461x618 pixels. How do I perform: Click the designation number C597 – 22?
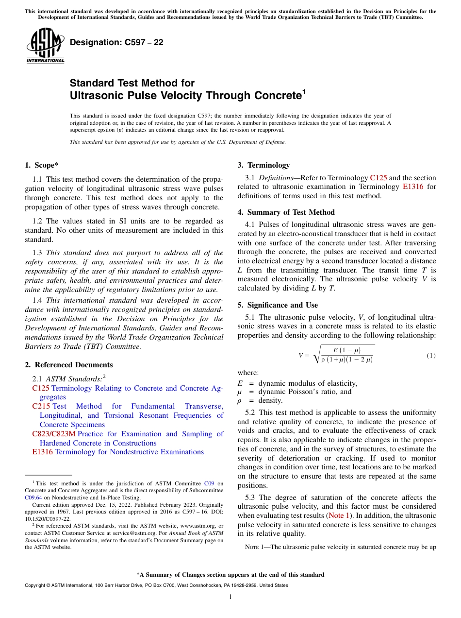116,42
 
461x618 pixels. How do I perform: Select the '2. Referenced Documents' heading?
68,365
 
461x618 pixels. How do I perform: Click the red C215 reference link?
41,406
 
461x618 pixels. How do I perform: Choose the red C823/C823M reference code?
53,434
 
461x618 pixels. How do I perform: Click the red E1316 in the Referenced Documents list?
43,452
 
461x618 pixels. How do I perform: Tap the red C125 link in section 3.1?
378,178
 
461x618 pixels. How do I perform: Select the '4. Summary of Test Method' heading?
286,212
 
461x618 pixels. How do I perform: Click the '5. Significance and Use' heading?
278,305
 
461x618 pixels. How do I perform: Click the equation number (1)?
431,356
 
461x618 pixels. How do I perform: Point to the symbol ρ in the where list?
239,400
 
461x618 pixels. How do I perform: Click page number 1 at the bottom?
230,597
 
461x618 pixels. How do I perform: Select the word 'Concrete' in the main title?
272,95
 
